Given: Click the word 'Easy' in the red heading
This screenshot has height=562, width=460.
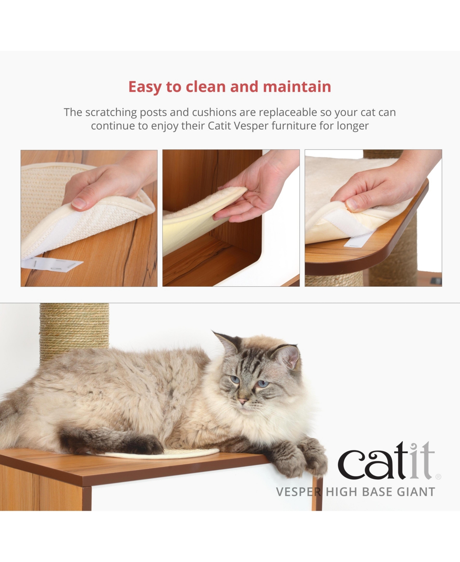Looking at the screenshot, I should point(145,87).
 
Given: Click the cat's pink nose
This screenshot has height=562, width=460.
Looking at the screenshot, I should point(242,401).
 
